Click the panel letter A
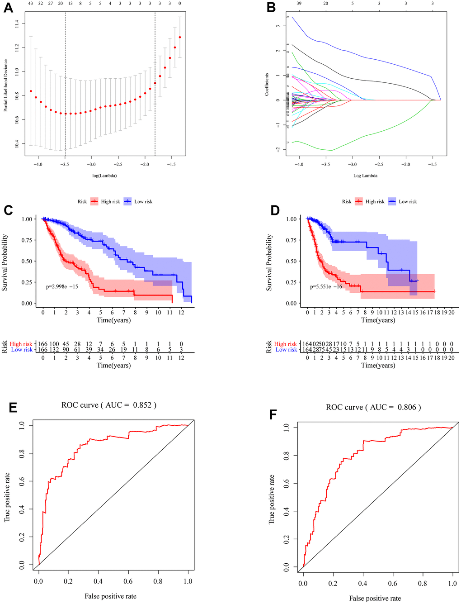(x=8, y=8)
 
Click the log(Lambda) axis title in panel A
(x=104, y=176)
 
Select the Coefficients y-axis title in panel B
(x=267, y=84)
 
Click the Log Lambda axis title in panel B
(x=365, y=176)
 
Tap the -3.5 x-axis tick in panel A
(x=65, y=165)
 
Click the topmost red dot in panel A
(x=180, y=37)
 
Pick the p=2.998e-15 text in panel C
(x=62, y=286)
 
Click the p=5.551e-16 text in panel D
(x=326, y=286)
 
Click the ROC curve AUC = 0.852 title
(x=109, y=405)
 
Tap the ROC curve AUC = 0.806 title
(x=373, y=407)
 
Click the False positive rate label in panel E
(x=110, y=596)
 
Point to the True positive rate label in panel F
(x=271, y=499)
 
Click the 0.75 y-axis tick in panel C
(x=27, y=240)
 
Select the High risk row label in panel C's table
(x=21, y=344)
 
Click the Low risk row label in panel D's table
(x=286, y=350)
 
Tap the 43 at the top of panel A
(x=31, y=3)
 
